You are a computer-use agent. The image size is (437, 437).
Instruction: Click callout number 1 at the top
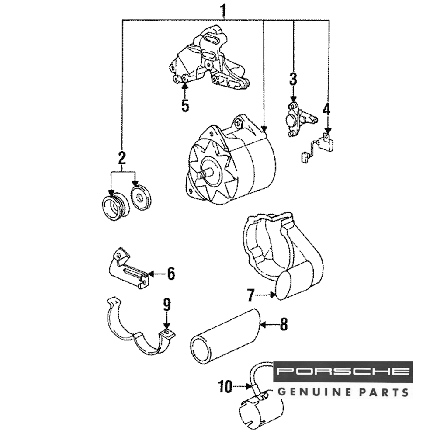223,10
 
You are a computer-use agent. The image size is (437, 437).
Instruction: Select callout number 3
293,80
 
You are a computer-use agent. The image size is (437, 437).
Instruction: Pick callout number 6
170,274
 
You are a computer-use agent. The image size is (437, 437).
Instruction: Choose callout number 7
250,295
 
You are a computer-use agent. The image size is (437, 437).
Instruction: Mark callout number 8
284,324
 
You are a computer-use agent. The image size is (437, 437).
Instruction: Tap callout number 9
166,305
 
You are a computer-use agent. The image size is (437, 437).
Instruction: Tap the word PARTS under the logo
384,391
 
